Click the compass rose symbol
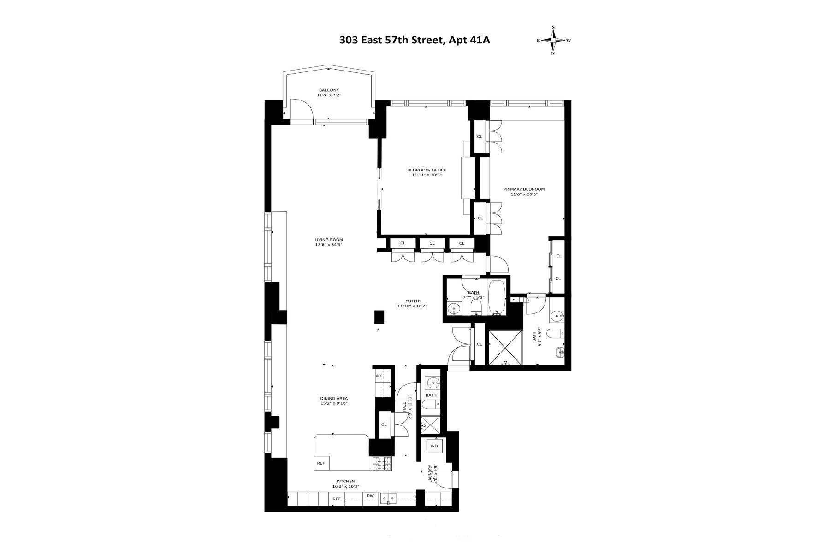[553, 41]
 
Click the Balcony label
[329, 90]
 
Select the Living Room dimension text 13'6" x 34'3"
[329, 245]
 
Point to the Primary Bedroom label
[524, 189]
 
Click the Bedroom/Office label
[427, 170]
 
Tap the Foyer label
[412, 301]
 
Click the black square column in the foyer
[379, 317]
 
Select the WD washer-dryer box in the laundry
[434, 446]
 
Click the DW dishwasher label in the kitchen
[370, 496]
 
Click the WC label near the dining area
[379, 376]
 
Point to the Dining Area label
[334, 398]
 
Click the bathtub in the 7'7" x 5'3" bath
[497, 297]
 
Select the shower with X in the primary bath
[505, 347]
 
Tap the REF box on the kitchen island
[320, 463]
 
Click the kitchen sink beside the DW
[388, 497]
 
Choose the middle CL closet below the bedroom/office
[432, 243]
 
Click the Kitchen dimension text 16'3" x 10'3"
[345, 486]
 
